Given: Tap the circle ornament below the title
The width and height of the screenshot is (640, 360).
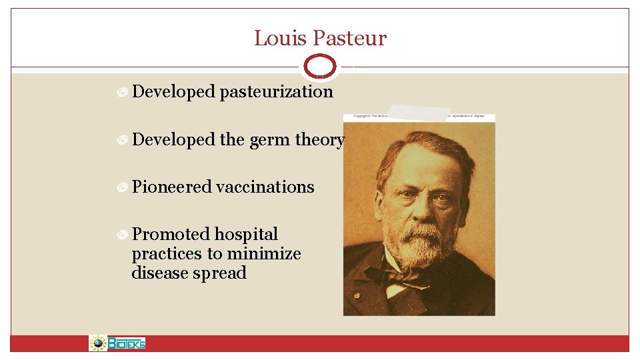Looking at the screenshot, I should (x=320, y=67).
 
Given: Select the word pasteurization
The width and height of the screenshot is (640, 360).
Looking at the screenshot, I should (x=276, y=92).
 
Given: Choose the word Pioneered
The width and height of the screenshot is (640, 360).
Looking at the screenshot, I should (x=173, y=187).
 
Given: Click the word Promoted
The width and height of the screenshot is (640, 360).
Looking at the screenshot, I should (x=171, y=235).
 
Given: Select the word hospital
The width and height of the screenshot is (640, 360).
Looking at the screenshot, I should (x=246, y=235).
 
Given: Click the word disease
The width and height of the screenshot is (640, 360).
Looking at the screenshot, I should (x=159, y=273).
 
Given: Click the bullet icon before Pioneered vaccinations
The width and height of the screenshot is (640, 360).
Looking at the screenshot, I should (x=122, y=188).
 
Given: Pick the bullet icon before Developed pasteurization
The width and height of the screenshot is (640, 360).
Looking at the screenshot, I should (x=122, y=93).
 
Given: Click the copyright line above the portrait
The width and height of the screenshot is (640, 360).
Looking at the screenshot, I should (x=419, y=117).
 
